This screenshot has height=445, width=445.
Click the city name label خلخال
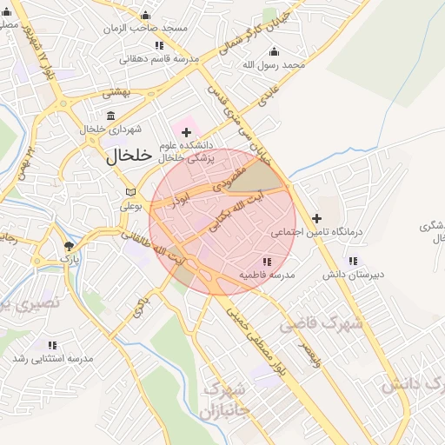pyautogui.click(x=129, y=156)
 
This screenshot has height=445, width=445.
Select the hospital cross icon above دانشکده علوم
pyautogui.click(x=185, y=132)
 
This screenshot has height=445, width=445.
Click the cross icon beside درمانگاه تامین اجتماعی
pyautogui.click(x=317, y=218)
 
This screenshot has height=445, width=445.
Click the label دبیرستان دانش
pyautogui.click(x=353, y=275)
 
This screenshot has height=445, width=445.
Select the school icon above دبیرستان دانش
pyautogui.click(x=352, y=261)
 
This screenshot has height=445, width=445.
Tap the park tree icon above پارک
pyautogui.click(x=69, y=246)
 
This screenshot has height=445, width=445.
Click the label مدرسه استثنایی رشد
pyautogui.click(x=53, y=358)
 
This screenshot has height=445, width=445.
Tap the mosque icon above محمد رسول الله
pyautogui.click(x=276, y=51)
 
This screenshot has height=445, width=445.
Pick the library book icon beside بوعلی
pyautogui.click(x=130, y=192)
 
